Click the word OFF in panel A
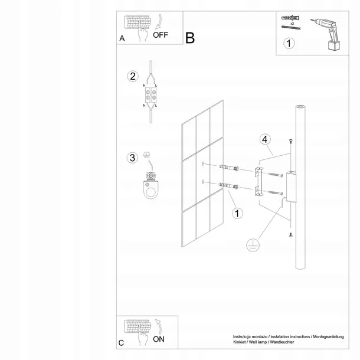tap(161, 35)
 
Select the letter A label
tap(122, 38)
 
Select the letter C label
tap(121, 342)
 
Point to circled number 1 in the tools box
tap(289, 43)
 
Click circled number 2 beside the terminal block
tap(133, 76)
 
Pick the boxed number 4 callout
tap(265, 139)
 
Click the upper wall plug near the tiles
tap(229, 169)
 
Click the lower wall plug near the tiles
tap(229, 187)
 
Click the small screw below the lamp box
tap(290, 236)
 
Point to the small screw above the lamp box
tap(291, 140)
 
